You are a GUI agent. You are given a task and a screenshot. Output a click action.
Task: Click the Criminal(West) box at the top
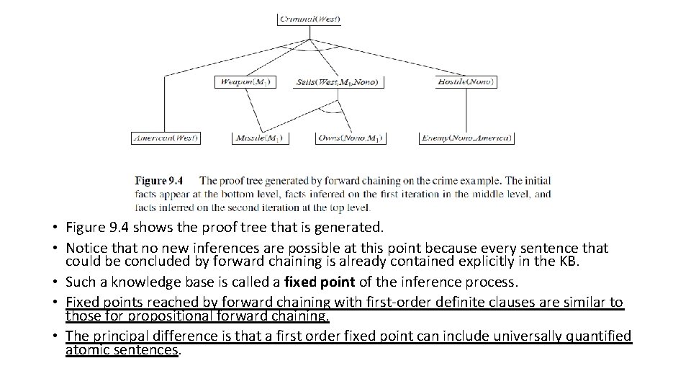click(310, 19)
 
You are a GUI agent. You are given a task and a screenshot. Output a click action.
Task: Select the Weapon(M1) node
click(245, 81)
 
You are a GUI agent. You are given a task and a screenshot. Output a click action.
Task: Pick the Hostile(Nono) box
click(466, 81)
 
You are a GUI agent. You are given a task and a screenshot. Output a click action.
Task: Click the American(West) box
click(166, 138)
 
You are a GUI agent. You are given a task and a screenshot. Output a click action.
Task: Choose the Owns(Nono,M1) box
click(351, 138)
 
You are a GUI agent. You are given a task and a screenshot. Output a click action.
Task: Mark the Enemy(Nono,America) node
click(466, 138)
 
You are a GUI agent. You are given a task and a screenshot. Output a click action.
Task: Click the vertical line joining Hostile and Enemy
click(466, 109)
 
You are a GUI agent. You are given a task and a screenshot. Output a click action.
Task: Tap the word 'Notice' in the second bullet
click(85, 249)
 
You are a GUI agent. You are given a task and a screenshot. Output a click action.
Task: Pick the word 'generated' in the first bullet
click(347, 228)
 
